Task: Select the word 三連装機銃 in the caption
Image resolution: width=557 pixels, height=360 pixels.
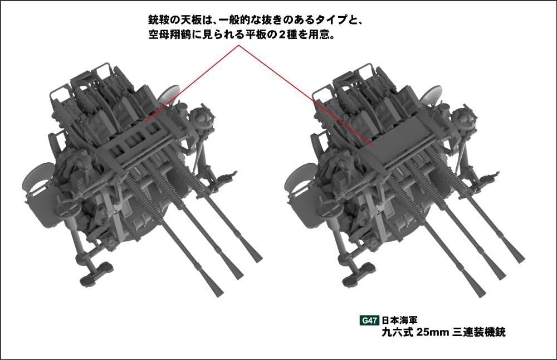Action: [477, 333]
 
